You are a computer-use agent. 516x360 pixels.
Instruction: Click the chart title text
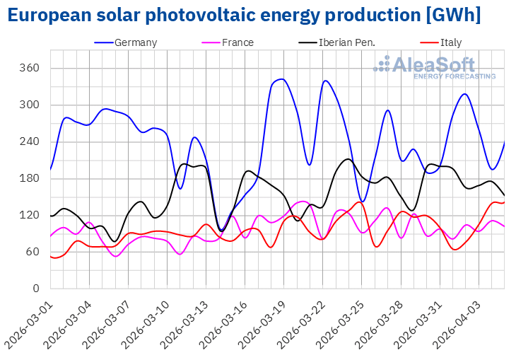tap(244, 15)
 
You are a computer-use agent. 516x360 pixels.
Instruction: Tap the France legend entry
tap(237, 42)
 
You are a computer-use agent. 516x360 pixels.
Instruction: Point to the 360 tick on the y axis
tap(30, 69)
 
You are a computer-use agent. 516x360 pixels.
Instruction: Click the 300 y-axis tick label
tap(30, 105)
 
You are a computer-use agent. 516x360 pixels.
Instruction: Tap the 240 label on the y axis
tap(30, 141)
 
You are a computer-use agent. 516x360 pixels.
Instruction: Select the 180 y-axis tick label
tap(30, 178)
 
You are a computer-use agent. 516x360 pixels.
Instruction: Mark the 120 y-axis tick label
tap(30, 215)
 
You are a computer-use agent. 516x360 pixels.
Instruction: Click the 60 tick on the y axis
tap(33, 252)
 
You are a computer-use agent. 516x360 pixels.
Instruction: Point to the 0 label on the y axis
tap(35, 289)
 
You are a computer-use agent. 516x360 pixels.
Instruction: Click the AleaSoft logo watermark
tap(435, 66)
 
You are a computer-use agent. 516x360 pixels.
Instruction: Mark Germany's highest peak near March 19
tap(281, 79)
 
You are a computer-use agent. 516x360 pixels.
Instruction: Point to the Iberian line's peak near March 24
tap(347, 159)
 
